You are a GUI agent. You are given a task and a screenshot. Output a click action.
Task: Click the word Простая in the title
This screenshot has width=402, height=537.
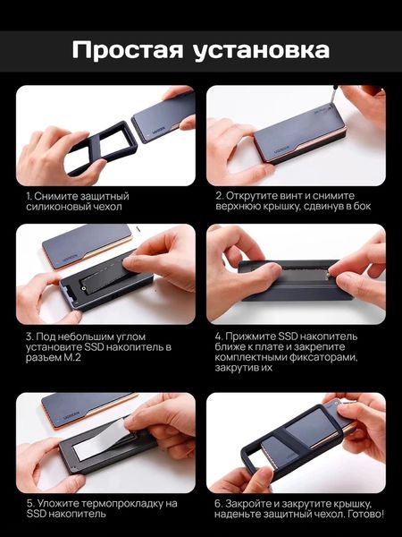[x=128, y=50]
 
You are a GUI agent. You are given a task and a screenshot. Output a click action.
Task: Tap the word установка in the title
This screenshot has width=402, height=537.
[x=261, y=51]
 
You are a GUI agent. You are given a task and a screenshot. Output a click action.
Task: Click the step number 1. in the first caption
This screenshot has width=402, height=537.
[x=29, y=197]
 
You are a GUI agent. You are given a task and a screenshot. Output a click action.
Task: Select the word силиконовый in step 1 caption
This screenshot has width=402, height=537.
[x=55, y=207]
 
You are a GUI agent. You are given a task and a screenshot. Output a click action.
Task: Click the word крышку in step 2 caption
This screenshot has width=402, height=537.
[x=282, y=207]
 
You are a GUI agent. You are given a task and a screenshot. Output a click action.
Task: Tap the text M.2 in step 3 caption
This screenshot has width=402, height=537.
[x=71, y=358]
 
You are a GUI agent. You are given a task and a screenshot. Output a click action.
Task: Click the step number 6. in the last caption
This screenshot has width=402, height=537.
[x=219, y=504]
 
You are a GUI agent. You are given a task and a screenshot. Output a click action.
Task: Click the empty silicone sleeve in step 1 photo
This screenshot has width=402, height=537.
[x=101, y=148]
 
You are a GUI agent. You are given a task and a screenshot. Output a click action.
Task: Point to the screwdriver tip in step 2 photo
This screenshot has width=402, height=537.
[x=331, y=107]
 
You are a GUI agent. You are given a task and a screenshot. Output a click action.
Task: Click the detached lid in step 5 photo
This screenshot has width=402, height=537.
[x=89, y=410]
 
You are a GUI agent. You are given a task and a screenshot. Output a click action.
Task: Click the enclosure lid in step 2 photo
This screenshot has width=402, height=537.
[x=298, y=133]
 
